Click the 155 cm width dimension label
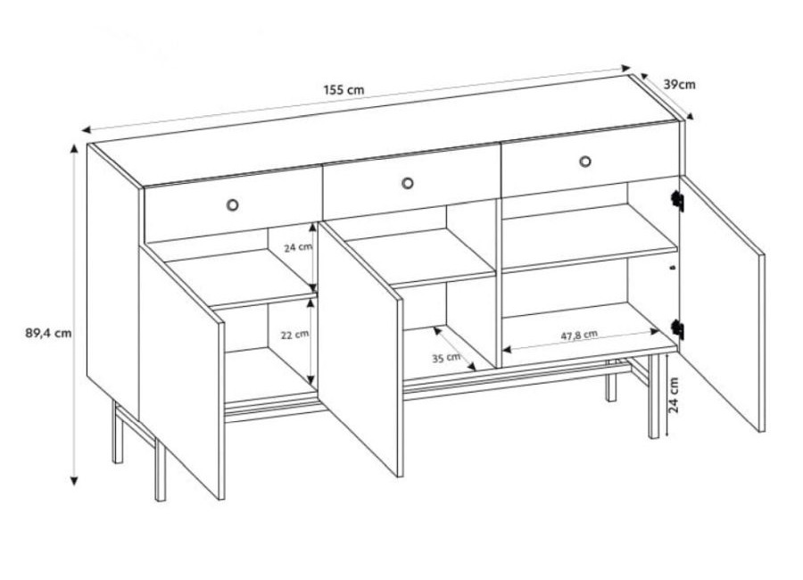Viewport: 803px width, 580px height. [344, 89]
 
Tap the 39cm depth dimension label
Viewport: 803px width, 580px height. [680, 85]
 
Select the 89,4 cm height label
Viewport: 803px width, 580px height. [49, 333]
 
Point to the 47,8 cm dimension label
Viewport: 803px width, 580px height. [579, 336]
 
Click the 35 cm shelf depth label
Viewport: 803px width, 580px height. [445, 357]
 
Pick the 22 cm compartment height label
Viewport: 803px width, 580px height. [294, 336]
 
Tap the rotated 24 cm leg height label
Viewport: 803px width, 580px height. [673, 395]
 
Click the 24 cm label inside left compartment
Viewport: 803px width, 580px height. [298, 247]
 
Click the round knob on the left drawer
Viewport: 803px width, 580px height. [233, 205]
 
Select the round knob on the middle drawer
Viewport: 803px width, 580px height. [408, 183]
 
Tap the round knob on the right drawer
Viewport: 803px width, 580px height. [585, 162]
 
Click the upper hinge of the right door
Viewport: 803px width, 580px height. [678, 201]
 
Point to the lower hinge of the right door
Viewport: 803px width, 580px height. [678, 329]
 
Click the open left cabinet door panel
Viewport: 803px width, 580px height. [182, 371]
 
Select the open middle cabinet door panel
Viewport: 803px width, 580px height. [360, 348]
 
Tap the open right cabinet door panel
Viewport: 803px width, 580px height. [722, 303]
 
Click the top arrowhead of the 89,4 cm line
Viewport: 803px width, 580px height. [75, 149]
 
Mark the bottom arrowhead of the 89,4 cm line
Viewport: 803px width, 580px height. [75, 481]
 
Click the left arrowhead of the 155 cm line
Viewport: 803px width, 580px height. [87, 129]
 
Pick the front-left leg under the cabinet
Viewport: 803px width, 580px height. [161, 470]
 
